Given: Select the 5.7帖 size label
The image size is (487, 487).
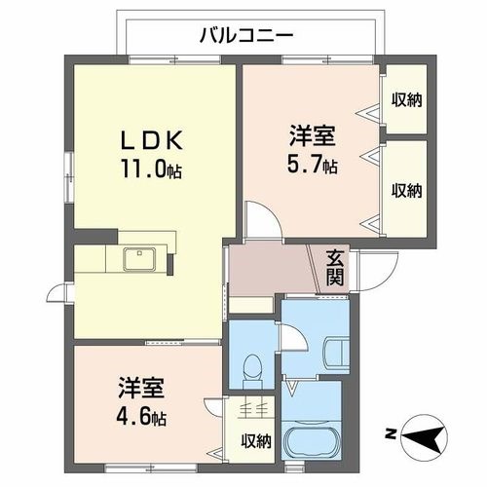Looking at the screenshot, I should pyautogui.click(x=313, y=167).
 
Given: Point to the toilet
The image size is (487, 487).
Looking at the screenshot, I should pyautogui.click(x=251, y=368).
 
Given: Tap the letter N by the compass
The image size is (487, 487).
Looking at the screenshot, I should pyautogui.click(x=390, y=431).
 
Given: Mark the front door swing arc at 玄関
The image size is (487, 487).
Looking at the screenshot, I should pyautogui.click(x=368, y=278).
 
